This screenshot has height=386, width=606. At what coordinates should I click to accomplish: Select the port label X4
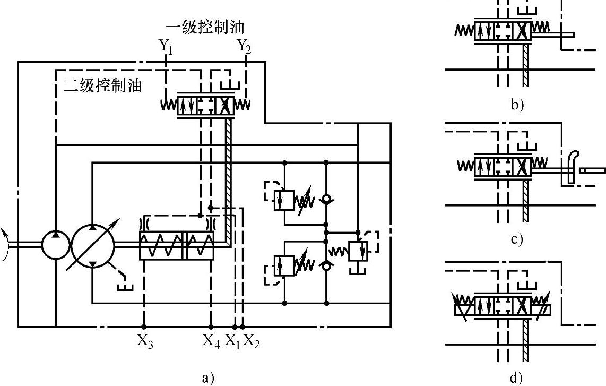(x=211, y=341)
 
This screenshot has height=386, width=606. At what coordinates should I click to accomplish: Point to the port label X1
(x=233, y=341)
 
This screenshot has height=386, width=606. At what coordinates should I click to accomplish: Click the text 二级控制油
(x=102, y=85)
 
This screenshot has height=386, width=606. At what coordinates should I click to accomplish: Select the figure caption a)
(x=207, y=378)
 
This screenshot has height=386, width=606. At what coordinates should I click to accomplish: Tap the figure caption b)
(x=517, y=105)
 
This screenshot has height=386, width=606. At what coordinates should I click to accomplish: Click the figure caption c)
(x=517, y=239)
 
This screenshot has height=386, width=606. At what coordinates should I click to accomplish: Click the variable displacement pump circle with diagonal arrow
(x=93, y=244)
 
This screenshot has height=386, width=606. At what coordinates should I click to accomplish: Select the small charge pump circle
(x=55, y=244)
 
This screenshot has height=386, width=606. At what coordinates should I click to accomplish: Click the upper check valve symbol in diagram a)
(x=326, y=200)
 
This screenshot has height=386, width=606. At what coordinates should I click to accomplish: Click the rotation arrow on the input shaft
(x=6, y=244)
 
